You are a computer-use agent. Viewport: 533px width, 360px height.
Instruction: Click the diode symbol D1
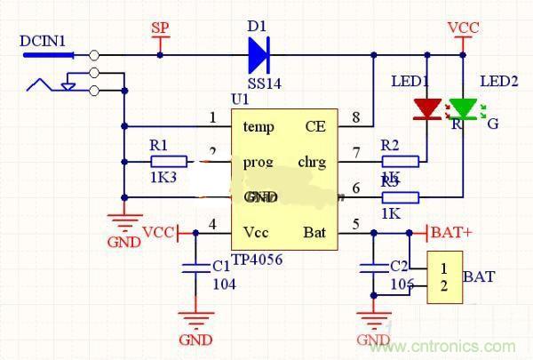[259, 55]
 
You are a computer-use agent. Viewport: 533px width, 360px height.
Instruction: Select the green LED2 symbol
[463, 109]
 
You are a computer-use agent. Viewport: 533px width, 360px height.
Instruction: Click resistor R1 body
[168, 162]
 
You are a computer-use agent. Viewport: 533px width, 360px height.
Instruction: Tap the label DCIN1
[42, 40]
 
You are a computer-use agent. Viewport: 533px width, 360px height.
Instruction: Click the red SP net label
[160, 28]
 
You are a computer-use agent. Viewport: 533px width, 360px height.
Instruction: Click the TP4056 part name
[257, 261]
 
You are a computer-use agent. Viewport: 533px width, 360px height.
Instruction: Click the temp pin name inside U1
[259, 126]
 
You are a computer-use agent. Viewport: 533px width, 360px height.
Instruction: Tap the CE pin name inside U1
[315, 126]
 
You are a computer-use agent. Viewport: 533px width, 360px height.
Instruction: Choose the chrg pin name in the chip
[310, 163]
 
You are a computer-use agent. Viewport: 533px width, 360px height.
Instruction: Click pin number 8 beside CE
[355, 117]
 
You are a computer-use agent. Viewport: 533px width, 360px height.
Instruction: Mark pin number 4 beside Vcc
[212, 224]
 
